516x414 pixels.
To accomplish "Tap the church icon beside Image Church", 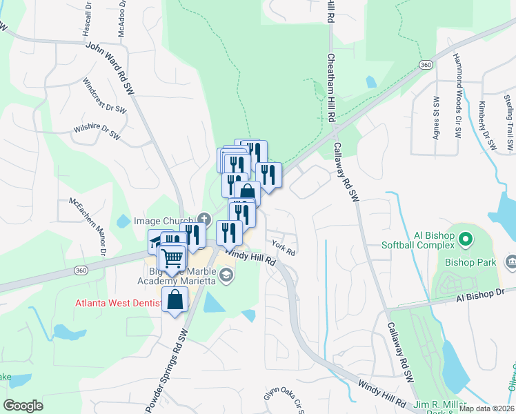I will [203, 218].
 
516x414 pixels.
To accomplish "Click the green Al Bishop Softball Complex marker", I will [466, 240].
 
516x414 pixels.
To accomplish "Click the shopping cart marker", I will [172, 259].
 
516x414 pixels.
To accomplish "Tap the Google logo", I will [23, 406].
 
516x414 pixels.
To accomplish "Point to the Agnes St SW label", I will [436, 119].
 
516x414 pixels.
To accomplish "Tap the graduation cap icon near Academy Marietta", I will [228, 277].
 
